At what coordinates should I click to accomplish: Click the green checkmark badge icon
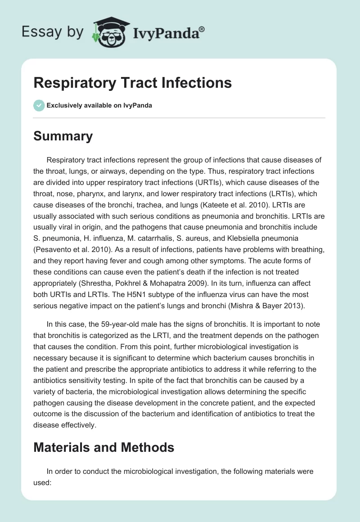point(39,105)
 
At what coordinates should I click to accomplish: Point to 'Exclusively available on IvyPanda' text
point(99,106)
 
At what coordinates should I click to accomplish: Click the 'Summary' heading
point(63,136)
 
